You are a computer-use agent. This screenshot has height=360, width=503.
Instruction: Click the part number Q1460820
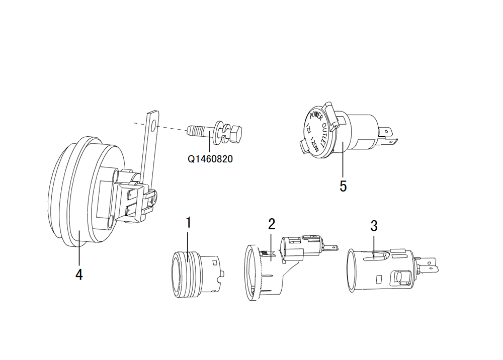point(210,159)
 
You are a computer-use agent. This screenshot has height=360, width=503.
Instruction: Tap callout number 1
point(189,222)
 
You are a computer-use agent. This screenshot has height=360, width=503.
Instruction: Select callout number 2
point(272,224)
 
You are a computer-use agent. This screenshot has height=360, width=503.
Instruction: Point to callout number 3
point(374,226)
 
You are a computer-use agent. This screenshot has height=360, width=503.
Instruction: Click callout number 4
point(79,275)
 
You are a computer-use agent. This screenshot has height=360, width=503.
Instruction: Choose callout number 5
point(343,186)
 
